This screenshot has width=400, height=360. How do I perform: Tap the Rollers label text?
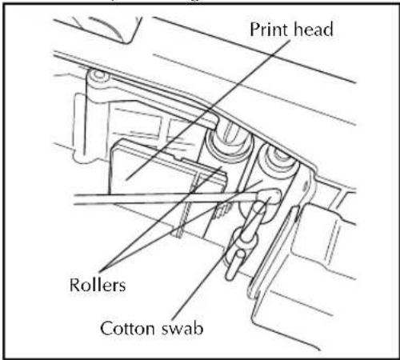pyautogui.click(x=98, y=285)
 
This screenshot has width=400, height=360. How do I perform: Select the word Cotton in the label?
pyautogui.click(x=127, y=328)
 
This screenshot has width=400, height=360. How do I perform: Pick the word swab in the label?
pyautogui.click(x=182, y=328)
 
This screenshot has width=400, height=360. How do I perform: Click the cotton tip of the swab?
pyautogui.click(x=269, y=197)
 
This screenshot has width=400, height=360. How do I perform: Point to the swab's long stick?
pyautogui.click(x=166, y=199)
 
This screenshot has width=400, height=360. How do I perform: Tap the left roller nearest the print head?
pyautogui.click(x=229, y=144)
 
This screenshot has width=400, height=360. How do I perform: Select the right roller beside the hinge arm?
pyautogui.click(x=278, y=162)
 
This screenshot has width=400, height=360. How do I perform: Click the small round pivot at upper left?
pyautogui.click(x=99, y=74)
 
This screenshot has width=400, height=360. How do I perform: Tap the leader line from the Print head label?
pyautogui.click(x=208, y=110)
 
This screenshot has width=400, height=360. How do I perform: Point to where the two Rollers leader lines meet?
pyautogui.click(x=102, y=269)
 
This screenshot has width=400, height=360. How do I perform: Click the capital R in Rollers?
pyautogui.click(x=75, y=285)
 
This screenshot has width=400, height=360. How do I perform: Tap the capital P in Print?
pyautogui.click(x=254, y=30)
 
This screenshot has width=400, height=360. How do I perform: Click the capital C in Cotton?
pyautogui.click(x=107, y=329)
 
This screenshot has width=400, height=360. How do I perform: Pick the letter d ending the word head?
pyautogui.click(x=328, y=29)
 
